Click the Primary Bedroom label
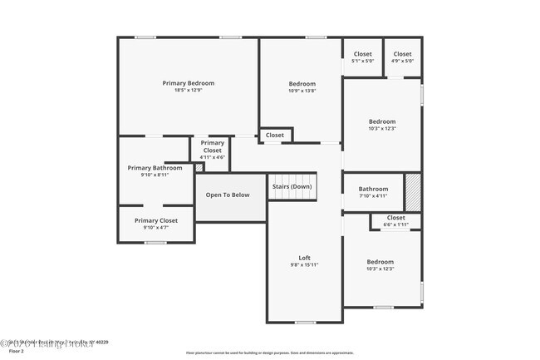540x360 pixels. (188, 83)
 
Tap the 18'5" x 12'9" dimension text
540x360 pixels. (188, 91)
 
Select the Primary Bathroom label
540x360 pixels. (155, 168)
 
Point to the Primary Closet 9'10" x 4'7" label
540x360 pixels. (156, 220)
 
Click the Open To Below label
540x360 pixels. (228, 195)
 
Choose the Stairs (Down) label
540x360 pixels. (292, 186)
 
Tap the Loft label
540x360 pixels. (304, 257)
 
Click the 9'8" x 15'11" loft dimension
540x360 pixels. (304, 264)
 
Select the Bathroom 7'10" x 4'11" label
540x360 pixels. (373, 189)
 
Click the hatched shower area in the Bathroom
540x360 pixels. (413, 192)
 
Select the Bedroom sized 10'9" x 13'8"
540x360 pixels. (302, 84)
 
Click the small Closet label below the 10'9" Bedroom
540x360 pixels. (275, 135)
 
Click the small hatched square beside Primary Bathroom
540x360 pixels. (199, 168)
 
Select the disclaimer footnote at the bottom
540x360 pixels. (269, 353)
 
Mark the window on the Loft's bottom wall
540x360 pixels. (305, 323)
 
